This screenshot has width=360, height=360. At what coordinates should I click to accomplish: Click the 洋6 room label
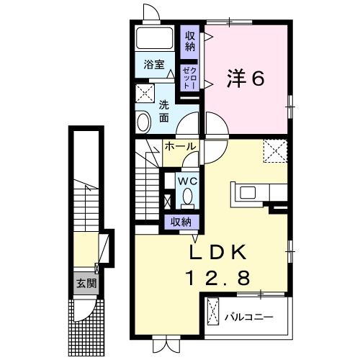coord(246,78)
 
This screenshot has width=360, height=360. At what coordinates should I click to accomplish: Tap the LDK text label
coord(218,252)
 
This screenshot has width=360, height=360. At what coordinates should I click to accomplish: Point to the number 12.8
coord(219,277)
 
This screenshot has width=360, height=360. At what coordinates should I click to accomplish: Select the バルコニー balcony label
coord(249,318)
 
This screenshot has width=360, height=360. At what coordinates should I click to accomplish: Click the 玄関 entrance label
coord(86,284)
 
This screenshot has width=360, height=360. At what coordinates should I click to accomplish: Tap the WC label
coord(187,181)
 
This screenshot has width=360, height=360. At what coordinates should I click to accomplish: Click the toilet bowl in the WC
coord(187,197)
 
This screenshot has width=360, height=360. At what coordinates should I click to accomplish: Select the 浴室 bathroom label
coord(154,65)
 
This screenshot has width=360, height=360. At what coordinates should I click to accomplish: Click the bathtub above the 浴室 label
coord(155,38)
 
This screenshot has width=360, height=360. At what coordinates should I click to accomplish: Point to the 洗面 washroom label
coord(164,112)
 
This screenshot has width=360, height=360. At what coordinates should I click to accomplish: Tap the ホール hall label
coord(181,146)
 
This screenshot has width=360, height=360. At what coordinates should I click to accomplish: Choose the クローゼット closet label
coord(189,78)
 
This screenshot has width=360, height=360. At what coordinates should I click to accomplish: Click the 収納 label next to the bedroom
coord(190,42)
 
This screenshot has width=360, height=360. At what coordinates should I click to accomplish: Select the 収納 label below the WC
coord(181,222)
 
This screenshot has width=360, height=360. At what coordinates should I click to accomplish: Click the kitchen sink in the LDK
coord(248,193)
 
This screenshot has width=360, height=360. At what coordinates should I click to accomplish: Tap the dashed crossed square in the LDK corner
coord(275,151)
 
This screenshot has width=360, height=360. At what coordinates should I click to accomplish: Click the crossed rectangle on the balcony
coord(213,311)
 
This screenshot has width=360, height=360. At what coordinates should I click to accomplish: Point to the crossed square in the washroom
coord(145,94)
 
